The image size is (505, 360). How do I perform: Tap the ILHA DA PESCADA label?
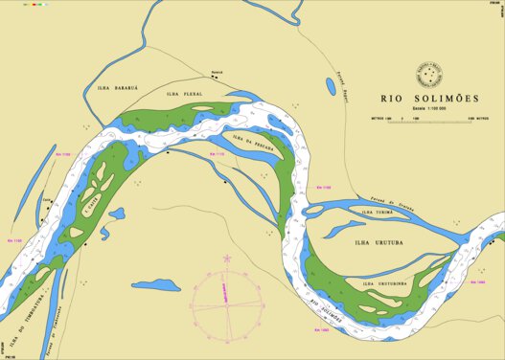point(254,144)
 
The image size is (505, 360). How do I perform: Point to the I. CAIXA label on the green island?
point(91,203)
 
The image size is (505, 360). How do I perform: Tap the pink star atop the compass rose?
point(227,259)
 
